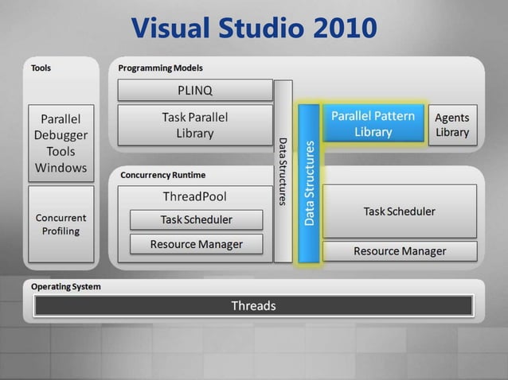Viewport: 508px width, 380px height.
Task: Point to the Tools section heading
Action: (x=41, y=68)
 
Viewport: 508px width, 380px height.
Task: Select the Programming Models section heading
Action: (x=160, y=68)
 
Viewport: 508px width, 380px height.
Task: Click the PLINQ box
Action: (x=194, y=90)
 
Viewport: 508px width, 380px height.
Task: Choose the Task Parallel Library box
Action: (x=194, y=125)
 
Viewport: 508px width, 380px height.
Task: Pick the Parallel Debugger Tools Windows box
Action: (x=61, y=143)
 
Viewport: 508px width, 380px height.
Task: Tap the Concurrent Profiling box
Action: (x=61, y=223)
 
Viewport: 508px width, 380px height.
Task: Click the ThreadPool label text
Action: (x=194, y=196)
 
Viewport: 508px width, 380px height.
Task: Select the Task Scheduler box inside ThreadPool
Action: (x=196, y=219)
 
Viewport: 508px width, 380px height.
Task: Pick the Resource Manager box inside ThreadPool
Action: (x=196, y=244)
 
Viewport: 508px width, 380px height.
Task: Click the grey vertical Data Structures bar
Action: (x=283, y=171)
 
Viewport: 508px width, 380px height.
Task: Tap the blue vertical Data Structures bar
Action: (x=310, y=183)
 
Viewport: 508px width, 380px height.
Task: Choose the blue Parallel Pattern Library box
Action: (x=373, y=124)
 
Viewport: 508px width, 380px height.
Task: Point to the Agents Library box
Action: (x=451, y=125)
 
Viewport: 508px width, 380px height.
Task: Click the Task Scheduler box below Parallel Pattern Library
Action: (x=399, y=211)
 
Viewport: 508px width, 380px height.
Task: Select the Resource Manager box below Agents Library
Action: (x=399, y=251)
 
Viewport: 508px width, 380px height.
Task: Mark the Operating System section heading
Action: (x=66, y=286)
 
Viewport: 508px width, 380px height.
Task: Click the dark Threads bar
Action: (x=253, y=305)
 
